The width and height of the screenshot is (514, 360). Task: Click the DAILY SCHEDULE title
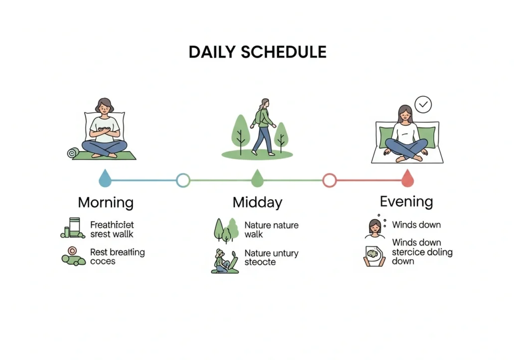click(x=257, y=52)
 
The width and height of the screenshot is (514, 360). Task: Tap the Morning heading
click(x=105, y=203)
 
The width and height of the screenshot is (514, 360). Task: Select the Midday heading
click(x=257, y=203)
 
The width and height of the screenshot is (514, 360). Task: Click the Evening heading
click(x=406, y=202)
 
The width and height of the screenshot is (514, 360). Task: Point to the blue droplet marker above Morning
click(x=105, y=178)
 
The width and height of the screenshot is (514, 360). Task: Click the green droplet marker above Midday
click(x=257, y=178)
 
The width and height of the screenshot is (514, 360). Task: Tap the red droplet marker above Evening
click(x=408, y=178)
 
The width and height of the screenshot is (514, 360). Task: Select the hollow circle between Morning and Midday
click(x=183, y=180)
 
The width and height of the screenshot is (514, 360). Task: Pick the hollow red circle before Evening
click(x=329, y=180)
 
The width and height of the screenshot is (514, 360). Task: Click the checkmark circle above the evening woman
click(x=424, y=104)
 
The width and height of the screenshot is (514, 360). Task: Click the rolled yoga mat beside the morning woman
click(x=73, y=153)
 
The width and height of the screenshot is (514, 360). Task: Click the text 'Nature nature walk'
click(x=271, y=230)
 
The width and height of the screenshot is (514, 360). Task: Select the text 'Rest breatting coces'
click(x=117, y=257)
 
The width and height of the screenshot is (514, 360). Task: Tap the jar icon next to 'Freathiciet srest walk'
click(x=74, y=227)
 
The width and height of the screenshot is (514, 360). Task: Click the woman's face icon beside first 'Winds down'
click(x=374, y=228)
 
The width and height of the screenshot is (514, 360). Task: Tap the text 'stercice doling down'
click(x=422, y=256)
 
